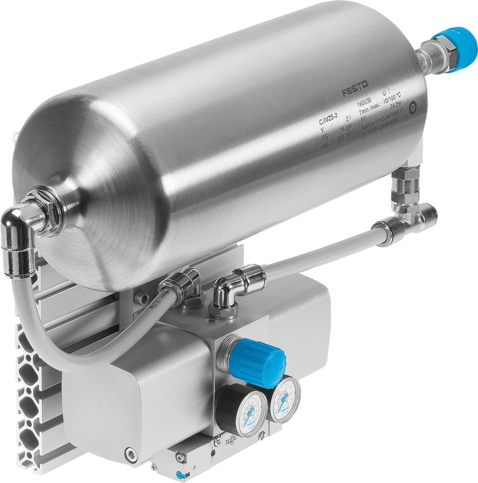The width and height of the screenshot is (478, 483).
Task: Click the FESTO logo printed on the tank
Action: (x=355, y=88)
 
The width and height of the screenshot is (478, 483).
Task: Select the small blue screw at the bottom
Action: (x=180, y=475)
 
